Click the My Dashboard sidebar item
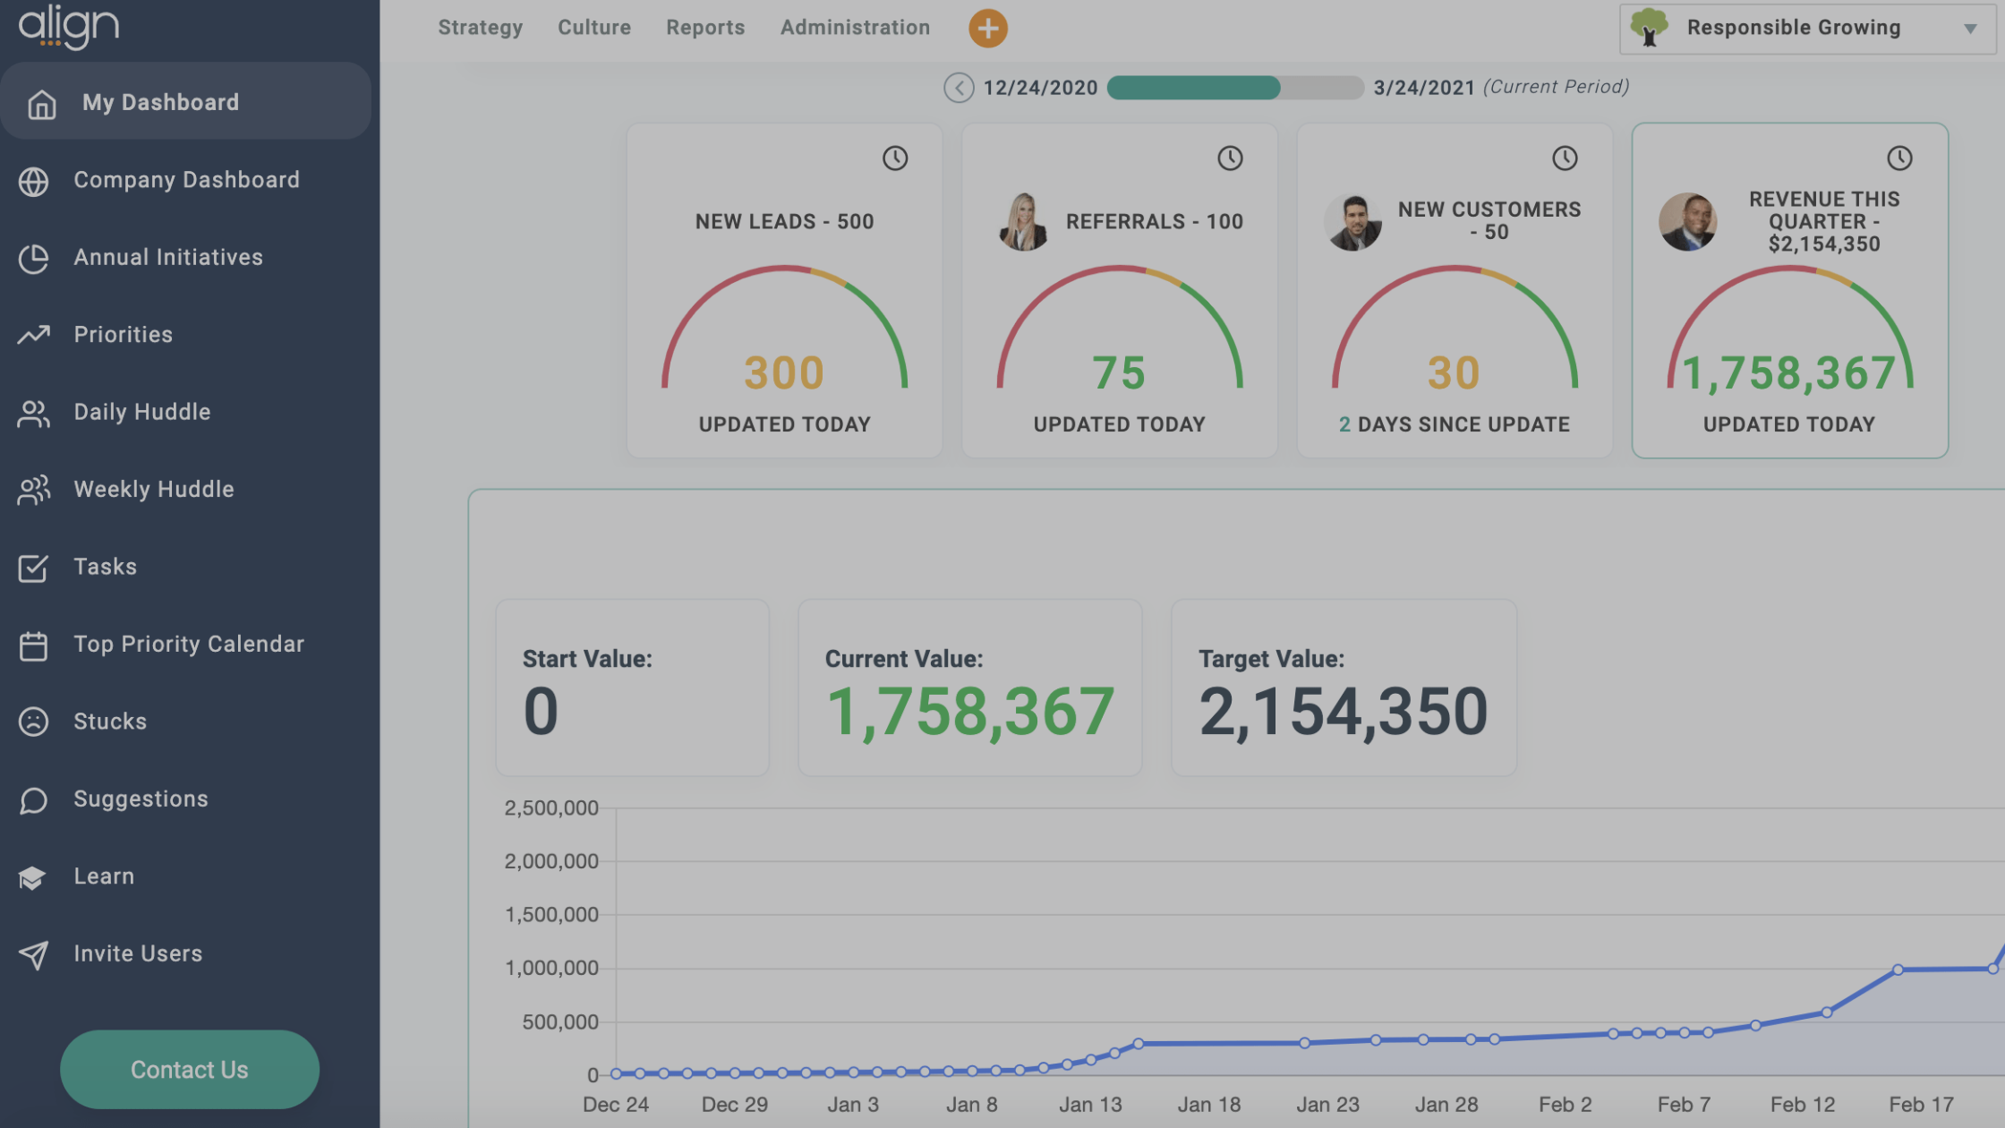pos(160,102)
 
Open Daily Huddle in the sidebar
pos(141,412)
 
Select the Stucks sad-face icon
pos(34,722)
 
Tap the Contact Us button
pos(189,1069)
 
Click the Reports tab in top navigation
pos(704,28)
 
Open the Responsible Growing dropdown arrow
pos(1969,29)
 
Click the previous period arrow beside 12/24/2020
pos(959,88)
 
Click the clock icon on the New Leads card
pos(894,158)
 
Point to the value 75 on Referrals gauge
pos(1118,372)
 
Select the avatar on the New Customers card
pos(1352,222)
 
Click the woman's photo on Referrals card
pos(1023,222)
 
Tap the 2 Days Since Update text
pos(1454,424)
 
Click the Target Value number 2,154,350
pos(1343,712)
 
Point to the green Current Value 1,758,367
pos(969,712)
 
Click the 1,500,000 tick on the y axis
pos(551,915)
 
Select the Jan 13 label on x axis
pos(1089,1105)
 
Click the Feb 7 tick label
pos(1683,1105)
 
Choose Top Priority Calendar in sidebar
pos(188,644)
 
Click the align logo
pos(69,27)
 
